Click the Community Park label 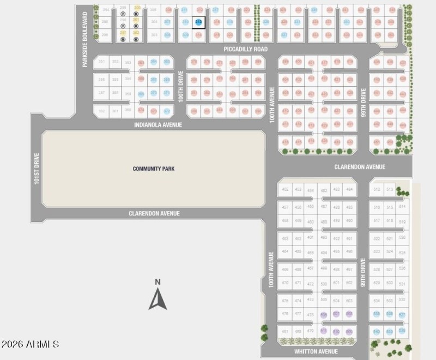tap(154, 169)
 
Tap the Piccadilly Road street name tap(246, 49)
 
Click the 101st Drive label tap(37, 168)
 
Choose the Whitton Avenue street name tap(316, 352)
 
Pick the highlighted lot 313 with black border tap(199, 22)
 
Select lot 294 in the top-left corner tap(106, 10)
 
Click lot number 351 tap(102, 62)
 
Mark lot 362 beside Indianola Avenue tap(102, 111)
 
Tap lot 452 tap(285, 189)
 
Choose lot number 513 tap(390, 189)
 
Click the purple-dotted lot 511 tap(323, 331)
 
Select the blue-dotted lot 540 tap(377, 331)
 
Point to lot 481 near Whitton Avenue tap(284, 331)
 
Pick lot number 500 tap(324, 284)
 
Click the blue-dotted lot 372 tap(167, 111)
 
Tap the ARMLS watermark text tap(30, 344)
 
